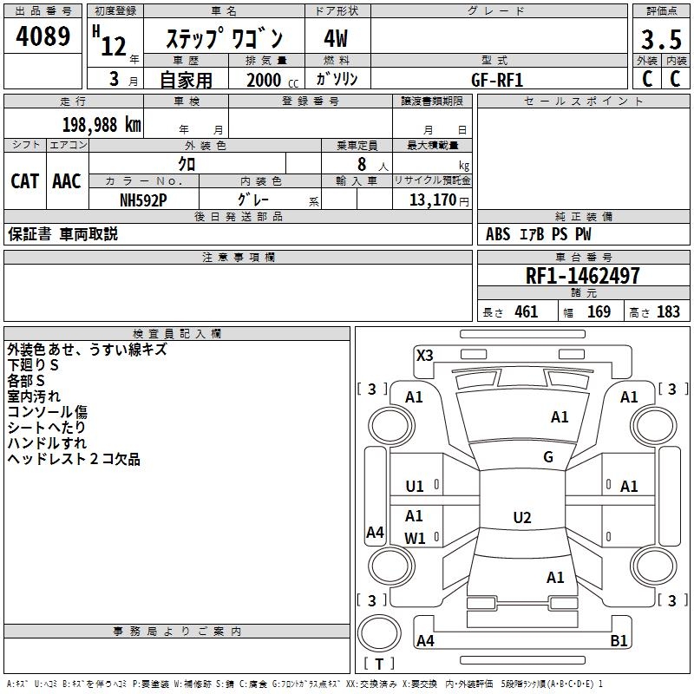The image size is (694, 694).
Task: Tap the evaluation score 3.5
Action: tap(660, 40)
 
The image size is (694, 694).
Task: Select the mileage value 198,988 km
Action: tap(101, 124)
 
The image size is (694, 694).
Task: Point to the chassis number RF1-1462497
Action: tap(583, 276)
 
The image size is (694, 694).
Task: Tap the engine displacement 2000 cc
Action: tap(265, 80)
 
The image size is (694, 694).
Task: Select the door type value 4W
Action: tap(336, 40)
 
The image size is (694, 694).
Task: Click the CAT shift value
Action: tap(24, 180)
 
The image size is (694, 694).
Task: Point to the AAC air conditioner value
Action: tap(66, 180)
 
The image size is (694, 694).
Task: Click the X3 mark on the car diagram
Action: tap(425, 355)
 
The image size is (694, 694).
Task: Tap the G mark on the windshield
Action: tap(548, 457)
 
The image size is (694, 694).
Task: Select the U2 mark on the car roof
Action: tap(521, 518)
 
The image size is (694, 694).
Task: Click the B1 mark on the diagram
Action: tap(619, 641)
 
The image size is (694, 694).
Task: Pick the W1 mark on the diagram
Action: tap(416, 538)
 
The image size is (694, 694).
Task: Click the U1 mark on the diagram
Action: tap(415, 487)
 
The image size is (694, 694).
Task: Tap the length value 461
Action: tap(526, 312)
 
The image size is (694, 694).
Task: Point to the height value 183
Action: tap(668, 312)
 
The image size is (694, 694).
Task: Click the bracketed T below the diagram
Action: tap(378, 664)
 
